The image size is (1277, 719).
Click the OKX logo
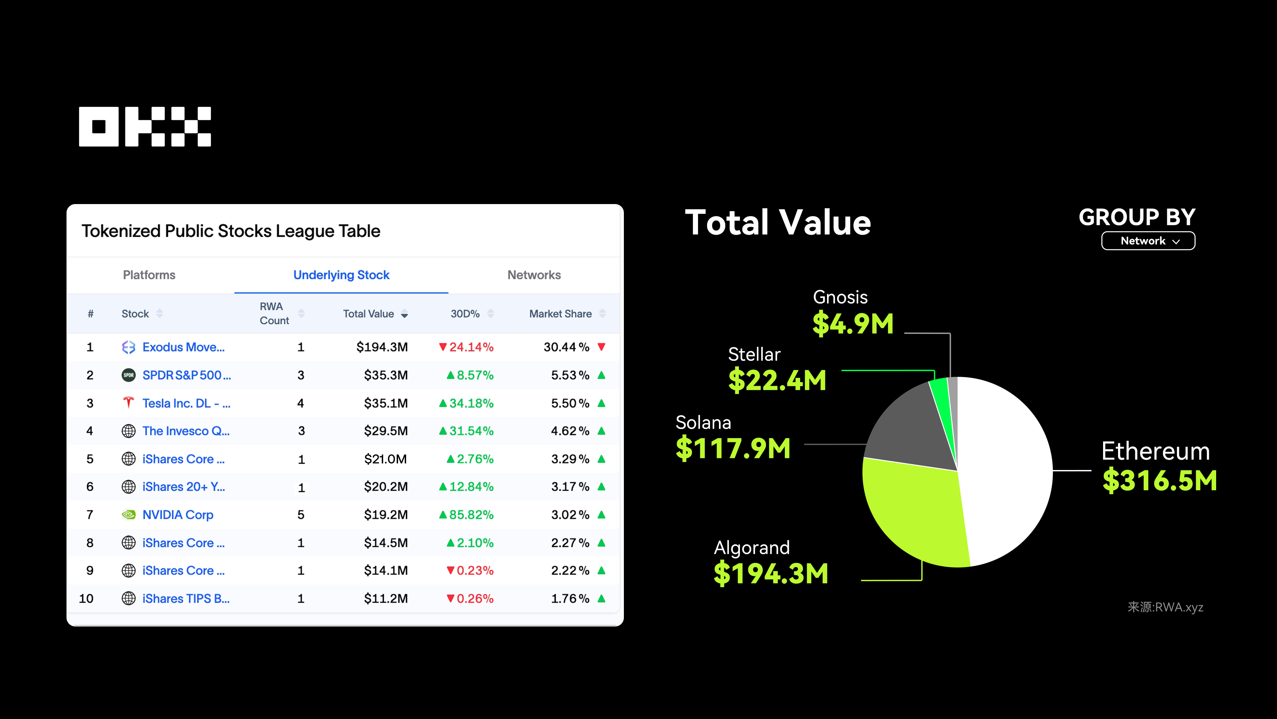coord(145,126)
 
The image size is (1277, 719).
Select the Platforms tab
coord(149,275)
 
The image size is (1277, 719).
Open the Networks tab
coord(534,275)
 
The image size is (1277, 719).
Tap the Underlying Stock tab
coord(341,275)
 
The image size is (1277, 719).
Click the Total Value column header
coord(369,314)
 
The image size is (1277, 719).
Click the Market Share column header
coord(560,314)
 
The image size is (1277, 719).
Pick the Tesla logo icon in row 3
coord(128,402)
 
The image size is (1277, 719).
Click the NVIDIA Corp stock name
coord(178,515)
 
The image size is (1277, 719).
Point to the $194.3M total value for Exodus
coord(382,347)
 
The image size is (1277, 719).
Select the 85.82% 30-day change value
coord(471,515)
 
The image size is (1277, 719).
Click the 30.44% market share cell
coord(566,347)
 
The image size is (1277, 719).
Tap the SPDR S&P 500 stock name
coord(186,375)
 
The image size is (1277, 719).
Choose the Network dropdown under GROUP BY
coord(1148,241)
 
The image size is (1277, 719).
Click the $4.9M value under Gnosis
coord(853,324)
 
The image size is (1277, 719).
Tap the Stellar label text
coord(754,354)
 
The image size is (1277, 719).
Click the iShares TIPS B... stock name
coord(186,599)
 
